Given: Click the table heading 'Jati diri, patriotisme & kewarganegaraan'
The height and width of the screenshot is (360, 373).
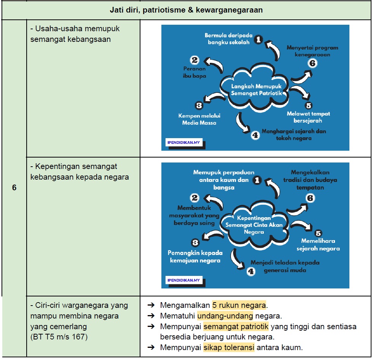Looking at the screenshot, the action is pyautogui.click(x=186, y=10).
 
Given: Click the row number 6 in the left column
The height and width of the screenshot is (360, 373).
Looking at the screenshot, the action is pyautogui.click(x=14, y=187).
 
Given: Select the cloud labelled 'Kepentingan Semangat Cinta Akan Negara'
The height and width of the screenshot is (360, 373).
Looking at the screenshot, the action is pyautogui.click(x=254, y=225).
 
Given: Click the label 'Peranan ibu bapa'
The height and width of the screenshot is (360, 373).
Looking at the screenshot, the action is pyautogui.click(x=194, y=72).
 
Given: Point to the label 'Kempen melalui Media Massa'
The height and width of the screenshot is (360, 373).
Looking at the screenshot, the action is pyautogui.click(x=199, y=119).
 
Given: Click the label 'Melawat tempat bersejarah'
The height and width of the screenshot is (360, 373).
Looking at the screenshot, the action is pyautogui.click(x=308, y=117).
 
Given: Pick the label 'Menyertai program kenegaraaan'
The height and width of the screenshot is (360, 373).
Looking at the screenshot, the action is pyautogui.click(x=312, y=51).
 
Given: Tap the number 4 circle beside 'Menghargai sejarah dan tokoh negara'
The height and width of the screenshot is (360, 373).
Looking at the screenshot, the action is pyautogui.click(x=255, y=135).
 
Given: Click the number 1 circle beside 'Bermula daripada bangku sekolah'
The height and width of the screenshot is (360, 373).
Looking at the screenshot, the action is pyautogui.click(x=258, y=40).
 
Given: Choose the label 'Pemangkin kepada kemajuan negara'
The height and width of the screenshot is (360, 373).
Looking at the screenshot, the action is pyautogui.click(x=195, y=256).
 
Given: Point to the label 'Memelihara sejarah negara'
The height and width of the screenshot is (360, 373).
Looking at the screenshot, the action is pyautogui.click(x=318, y=245).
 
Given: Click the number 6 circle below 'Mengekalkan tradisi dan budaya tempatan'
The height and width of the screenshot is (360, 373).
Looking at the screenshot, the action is pyautogui.click(x=310, y=198).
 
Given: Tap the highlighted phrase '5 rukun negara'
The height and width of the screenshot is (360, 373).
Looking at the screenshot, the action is pyautogui.click(x=239, y=305).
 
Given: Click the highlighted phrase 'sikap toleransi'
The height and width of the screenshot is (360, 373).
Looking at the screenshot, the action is pyautogui.click(x=229, y=347).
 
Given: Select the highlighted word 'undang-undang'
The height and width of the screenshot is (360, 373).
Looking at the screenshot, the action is pyautogui.click(x=225, y=316).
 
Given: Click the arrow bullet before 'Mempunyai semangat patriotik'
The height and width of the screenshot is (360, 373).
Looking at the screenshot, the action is pyautogui.click(x=151, y=326).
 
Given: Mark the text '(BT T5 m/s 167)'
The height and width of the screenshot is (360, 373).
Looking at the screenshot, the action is pyautogui.click(x=59, y=337).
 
